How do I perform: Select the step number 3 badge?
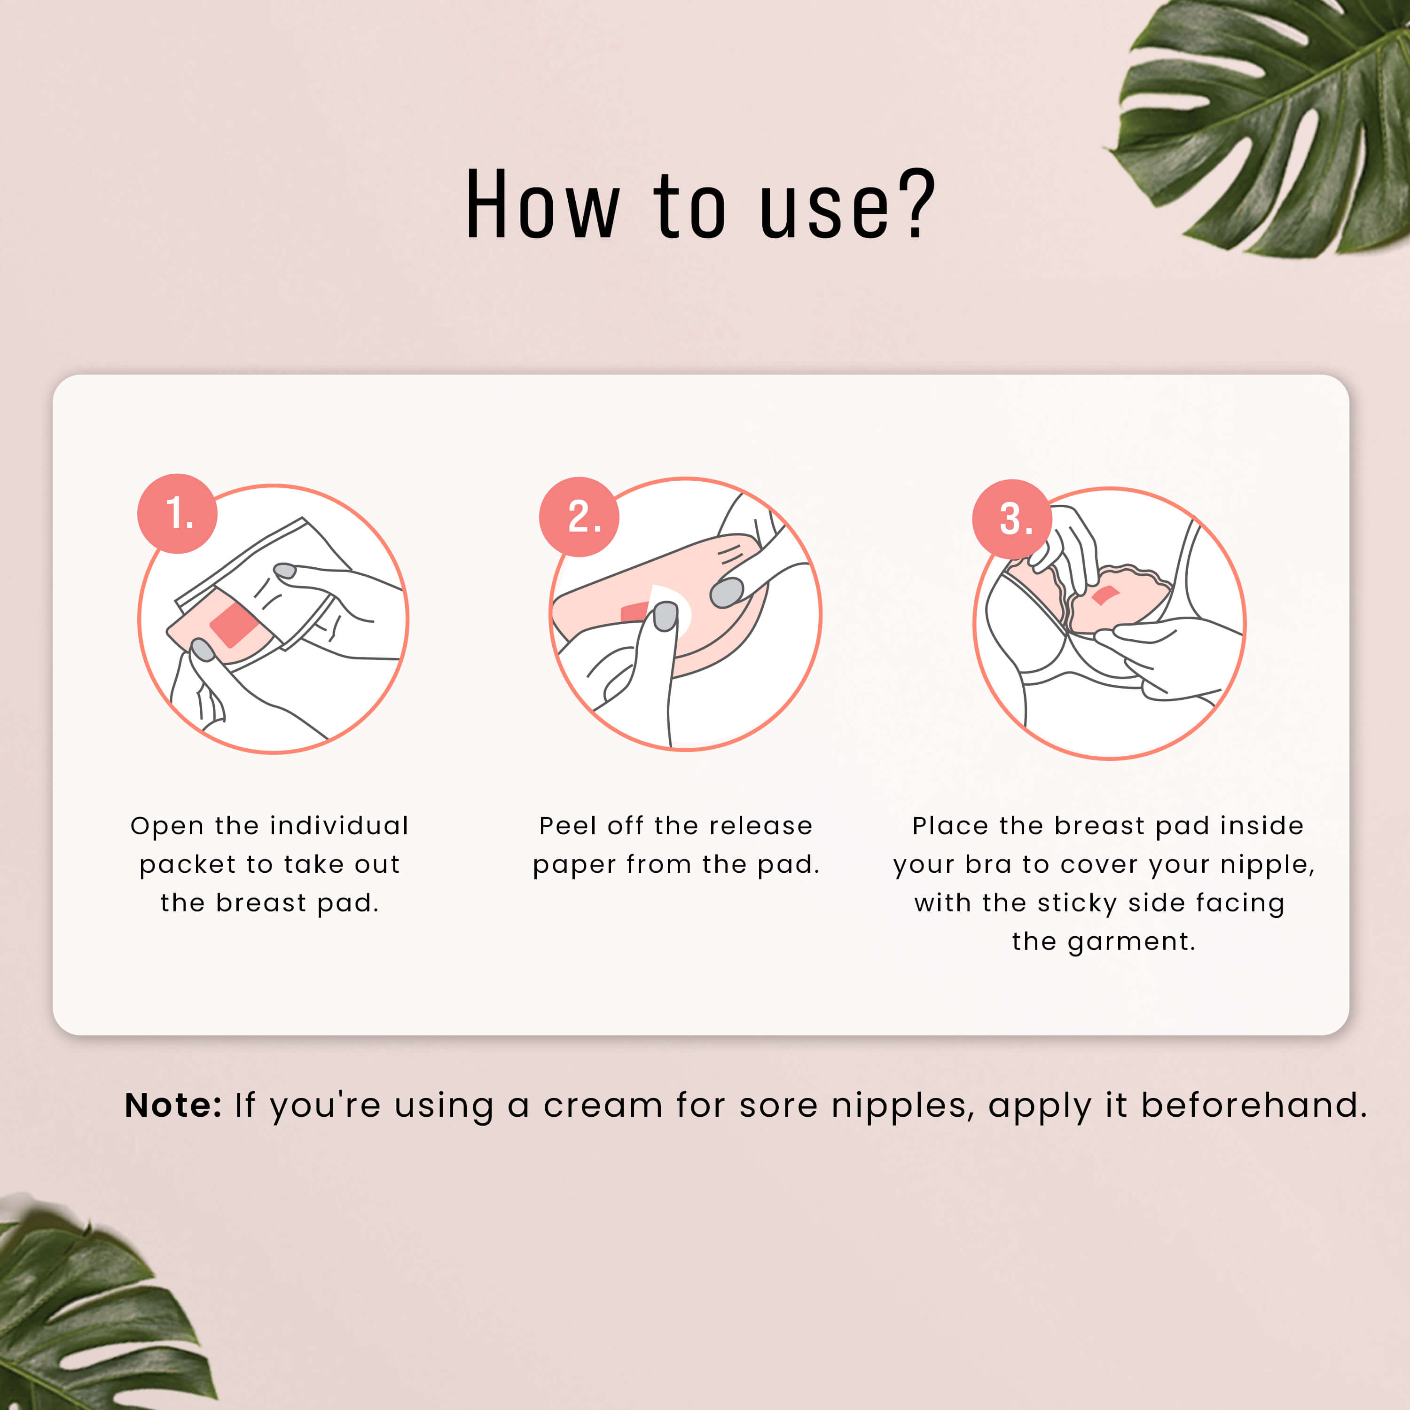pos(1012,519)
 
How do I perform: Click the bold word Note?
pos(173,1105)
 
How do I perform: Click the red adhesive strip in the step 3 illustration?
pos(1105,595)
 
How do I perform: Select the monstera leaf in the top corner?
pos(1270,124)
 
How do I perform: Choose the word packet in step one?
pos(188,865)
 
